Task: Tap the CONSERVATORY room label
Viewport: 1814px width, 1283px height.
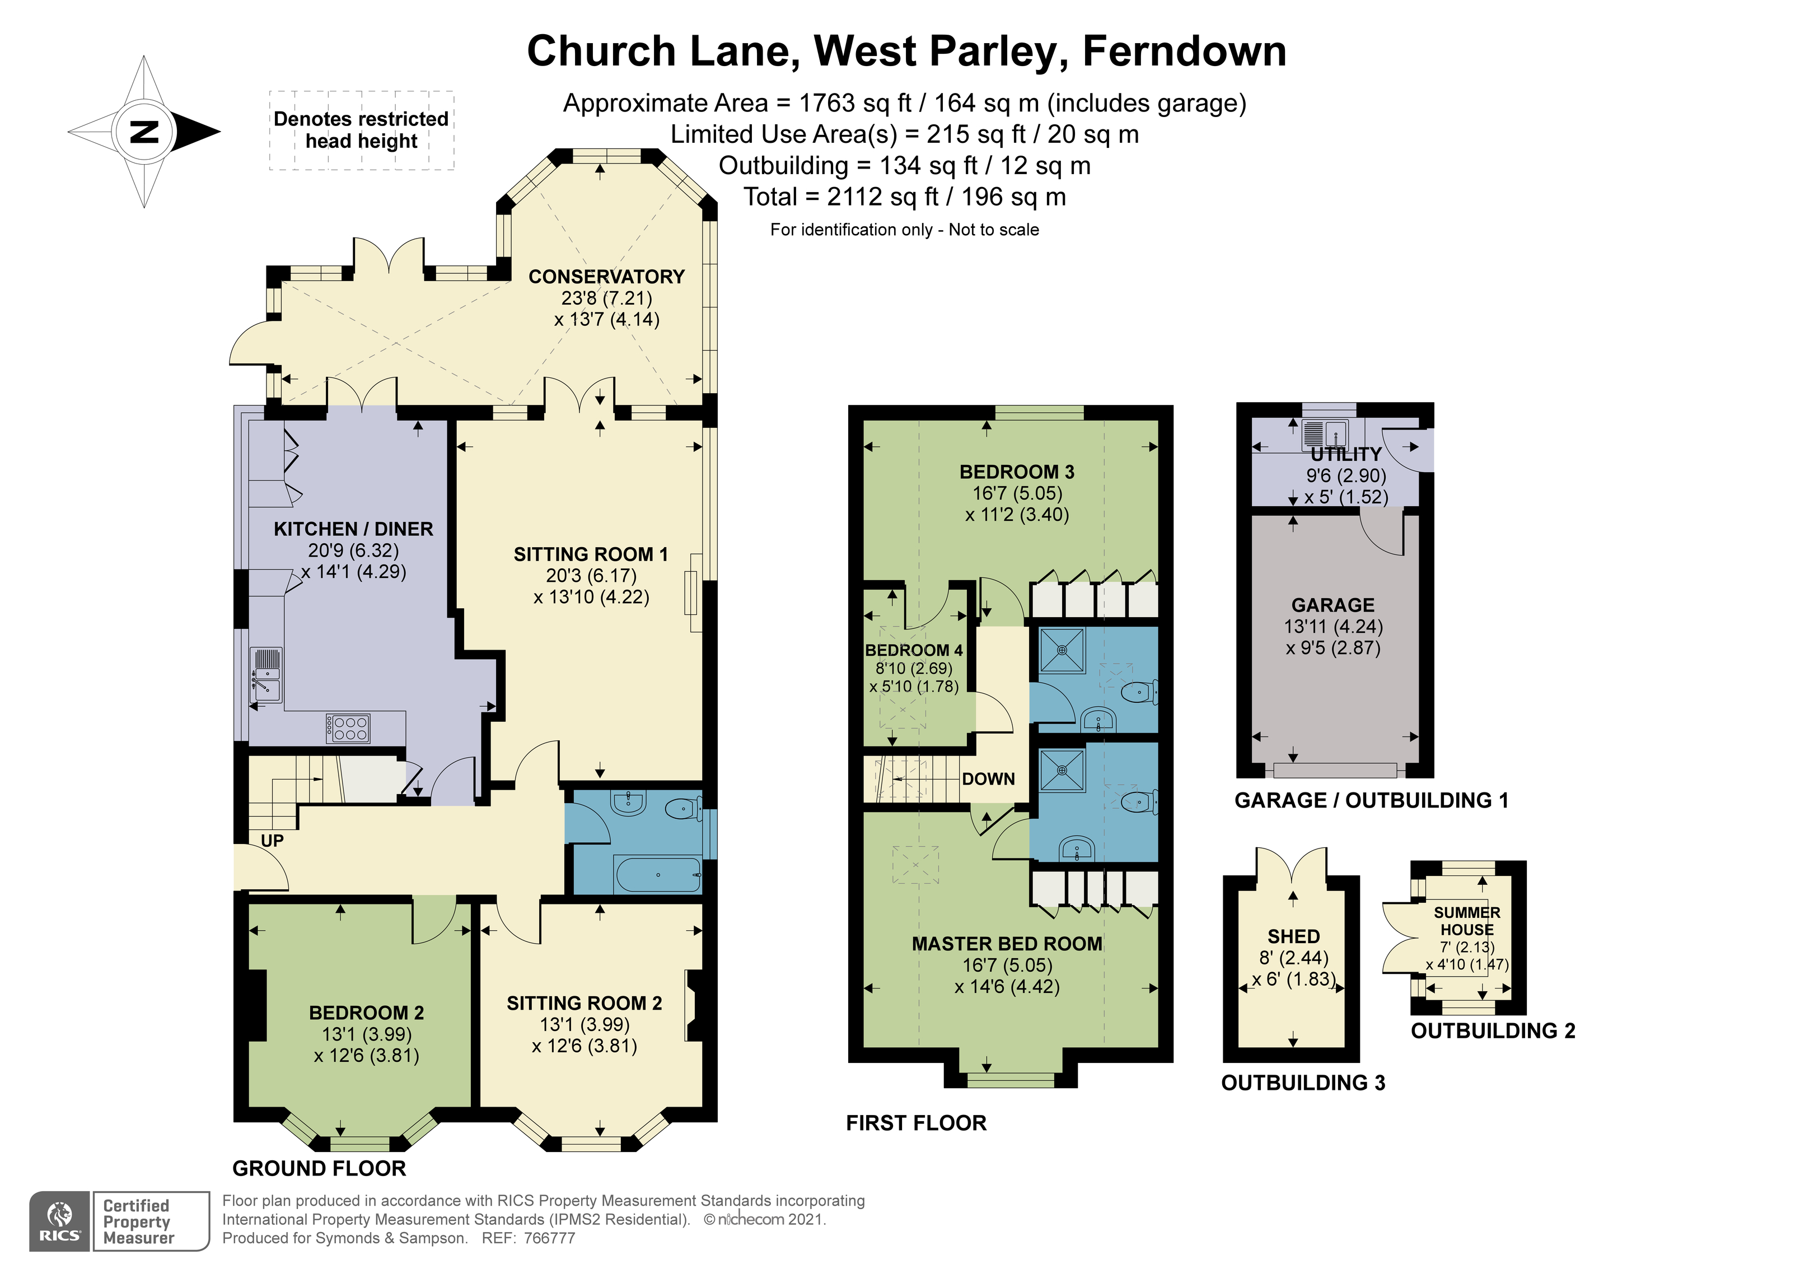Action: [x=606, y=277]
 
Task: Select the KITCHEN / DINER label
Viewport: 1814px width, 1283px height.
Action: [x=353, y=529]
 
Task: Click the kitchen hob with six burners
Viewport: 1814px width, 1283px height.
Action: [x=348, y=727]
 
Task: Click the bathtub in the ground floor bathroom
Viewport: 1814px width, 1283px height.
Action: [x=657, y=875]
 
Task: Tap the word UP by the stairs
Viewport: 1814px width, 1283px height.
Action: [x=272, y=841]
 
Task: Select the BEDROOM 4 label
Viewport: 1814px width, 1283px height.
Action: [x=913, y=650]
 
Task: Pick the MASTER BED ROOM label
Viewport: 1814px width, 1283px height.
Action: [x=1007, y=944]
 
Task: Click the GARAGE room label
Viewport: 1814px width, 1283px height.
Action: [x=1333, y=605]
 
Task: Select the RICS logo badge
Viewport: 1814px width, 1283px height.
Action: [x=60, y=1221]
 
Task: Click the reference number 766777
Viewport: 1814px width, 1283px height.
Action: [x=549, y=1238]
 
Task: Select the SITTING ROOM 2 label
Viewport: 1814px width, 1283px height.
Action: [x=584, y=1003]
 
